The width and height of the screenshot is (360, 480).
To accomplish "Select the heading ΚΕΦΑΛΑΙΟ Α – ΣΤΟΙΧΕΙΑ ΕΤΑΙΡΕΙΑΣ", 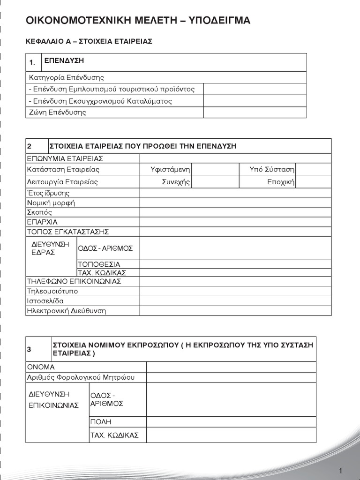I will (89, 42).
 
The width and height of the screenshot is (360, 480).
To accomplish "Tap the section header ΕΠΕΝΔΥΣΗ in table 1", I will (64, 60).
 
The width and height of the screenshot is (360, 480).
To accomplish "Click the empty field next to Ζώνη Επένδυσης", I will (255, 112).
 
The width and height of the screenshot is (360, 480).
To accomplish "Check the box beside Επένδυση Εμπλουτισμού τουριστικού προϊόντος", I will (255, 89).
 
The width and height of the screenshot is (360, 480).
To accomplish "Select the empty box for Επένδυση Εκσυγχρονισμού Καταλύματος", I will (255, 101).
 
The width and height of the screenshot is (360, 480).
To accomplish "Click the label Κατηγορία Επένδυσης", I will (66, 77).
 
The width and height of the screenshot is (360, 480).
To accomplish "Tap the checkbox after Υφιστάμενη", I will (209, 169).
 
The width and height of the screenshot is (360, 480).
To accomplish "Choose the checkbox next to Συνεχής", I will (209, 182).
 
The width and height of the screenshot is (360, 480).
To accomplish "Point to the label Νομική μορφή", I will (51, 203).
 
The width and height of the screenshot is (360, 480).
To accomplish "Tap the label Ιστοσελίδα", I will (45, 301).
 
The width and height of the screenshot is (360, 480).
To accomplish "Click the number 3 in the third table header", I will (29, 350).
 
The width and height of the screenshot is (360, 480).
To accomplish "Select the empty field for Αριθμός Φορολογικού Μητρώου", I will (231, 377).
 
